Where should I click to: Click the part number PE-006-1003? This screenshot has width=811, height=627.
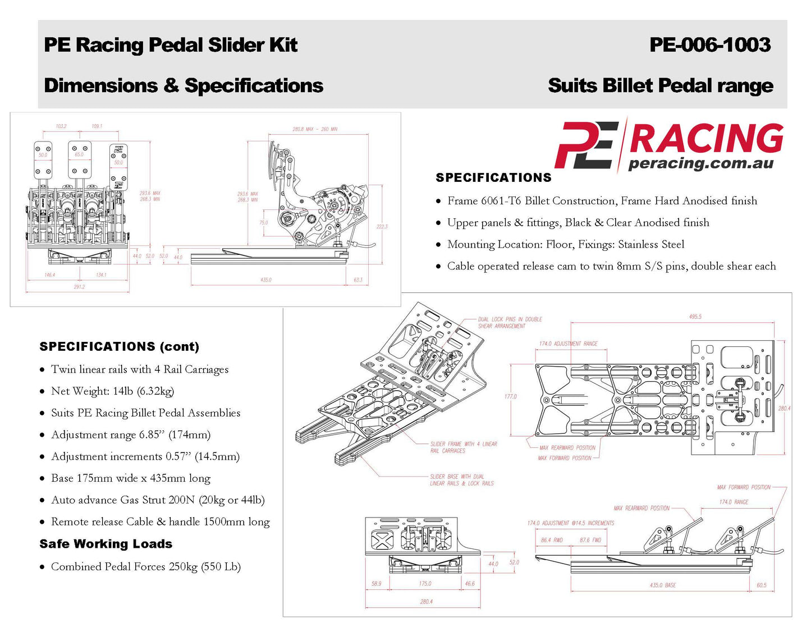tap(709, 45)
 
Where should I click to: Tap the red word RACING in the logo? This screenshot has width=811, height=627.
tap(706, 138)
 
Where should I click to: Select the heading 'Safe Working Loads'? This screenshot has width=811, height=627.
tap(106, 543)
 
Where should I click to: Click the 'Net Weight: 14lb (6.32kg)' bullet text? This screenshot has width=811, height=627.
tap(112, 391)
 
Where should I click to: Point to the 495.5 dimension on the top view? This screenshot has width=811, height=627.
tap(695, 317)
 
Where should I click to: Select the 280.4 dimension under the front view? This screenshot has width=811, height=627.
tap(426, 601)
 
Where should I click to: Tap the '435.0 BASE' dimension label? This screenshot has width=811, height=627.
tap(662, 585)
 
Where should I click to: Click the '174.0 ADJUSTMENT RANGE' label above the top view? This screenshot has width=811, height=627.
tap(568, 344)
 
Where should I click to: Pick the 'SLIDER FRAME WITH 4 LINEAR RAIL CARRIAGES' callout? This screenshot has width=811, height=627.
tap(463, 447)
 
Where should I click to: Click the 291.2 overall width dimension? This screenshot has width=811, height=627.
tap(79, 287)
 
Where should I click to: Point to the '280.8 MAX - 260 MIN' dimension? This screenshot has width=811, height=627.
tap(314, 129)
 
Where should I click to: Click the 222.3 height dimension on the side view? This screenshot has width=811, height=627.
tap(382, 226)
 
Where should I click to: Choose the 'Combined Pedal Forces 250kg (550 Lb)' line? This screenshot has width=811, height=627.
tap(145, 566)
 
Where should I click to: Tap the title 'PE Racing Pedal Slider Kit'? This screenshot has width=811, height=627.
tap(171, 45)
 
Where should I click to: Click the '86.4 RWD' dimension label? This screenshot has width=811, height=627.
tap(551, 540)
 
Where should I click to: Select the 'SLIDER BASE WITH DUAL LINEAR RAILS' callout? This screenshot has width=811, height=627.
tap(461, 479)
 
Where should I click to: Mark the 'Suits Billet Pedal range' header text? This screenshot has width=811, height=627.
tap(660, 85)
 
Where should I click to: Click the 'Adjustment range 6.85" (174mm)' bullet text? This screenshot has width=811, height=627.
tap(130, 434)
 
